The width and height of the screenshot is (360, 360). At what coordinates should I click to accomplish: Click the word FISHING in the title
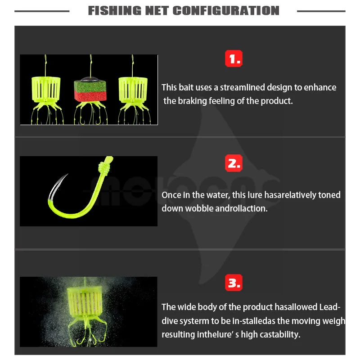point(115,10)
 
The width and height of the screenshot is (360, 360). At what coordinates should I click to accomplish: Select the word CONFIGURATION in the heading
point(226,10)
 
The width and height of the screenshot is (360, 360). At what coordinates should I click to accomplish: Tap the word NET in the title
point(157,10)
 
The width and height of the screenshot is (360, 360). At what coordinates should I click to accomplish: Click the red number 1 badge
point(234,58)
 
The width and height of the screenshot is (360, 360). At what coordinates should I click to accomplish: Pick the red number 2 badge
point(234,163)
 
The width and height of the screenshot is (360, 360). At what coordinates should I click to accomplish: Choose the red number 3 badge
point(234,283)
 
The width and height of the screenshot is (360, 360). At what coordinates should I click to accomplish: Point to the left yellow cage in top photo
point(46,90)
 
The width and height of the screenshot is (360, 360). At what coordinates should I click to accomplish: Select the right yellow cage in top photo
point(133,90)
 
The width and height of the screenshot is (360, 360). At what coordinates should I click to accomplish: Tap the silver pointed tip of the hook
point(67,175)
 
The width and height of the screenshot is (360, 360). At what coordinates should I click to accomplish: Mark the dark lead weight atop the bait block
point(90,80)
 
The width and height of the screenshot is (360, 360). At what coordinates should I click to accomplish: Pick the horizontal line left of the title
point(42,11)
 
